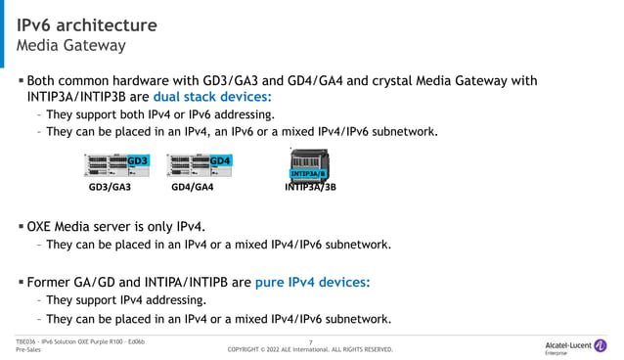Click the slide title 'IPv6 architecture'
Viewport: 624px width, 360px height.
pos(87,24)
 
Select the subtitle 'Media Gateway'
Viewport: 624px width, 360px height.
pos(70,46)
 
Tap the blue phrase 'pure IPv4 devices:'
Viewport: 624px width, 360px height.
pos(312,283)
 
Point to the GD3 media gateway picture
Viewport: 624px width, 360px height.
pos(117,164)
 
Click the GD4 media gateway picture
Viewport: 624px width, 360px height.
pos(200,164)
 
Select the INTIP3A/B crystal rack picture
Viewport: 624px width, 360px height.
pos(309,162)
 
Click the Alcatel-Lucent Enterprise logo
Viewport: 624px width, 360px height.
pos(574,345)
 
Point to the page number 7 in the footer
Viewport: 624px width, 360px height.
pos(310,341)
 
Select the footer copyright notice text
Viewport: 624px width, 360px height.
pos(310,349)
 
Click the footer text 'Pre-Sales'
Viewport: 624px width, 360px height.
pos(28,349)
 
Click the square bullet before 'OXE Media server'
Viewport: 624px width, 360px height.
pos(21,227)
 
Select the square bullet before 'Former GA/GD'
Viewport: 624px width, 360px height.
pos(21,283)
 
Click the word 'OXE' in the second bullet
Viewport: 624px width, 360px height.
pos(44,227)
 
